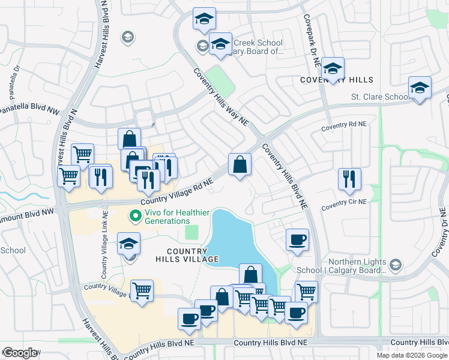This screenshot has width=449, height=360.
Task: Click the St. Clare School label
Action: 381,97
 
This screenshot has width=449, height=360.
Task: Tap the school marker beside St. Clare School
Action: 420,88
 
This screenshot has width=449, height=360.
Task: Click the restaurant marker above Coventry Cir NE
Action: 349,179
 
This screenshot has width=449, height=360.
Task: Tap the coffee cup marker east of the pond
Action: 297,241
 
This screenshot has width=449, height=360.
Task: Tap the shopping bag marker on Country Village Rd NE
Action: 240,164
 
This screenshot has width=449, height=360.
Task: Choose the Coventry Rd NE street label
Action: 343,127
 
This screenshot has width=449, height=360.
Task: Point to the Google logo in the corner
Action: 20,353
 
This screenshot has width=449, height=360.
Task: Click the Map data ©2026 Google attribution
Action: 411,355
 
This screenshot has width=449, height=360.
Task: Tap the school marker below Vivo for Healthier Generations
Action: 128,244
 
